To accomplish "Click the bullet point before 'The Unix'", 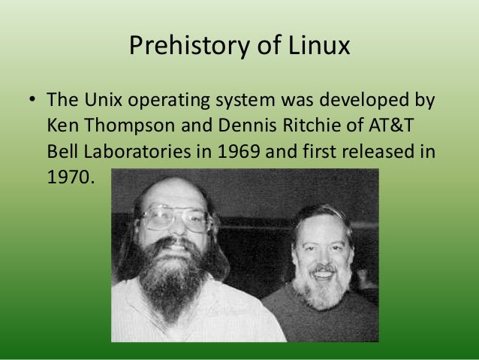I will coord(31,99).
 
